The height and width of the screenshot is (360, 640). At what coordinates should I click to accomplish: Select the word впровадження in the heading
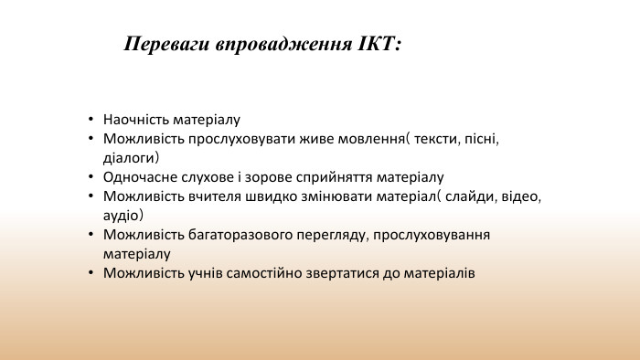[279, 44]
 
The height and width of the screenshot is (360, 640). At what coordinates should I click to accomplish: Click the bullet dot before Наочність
[91, 120]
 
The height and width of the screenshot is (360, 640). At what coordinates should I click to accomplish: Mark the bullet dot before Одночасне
[91, 177]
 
